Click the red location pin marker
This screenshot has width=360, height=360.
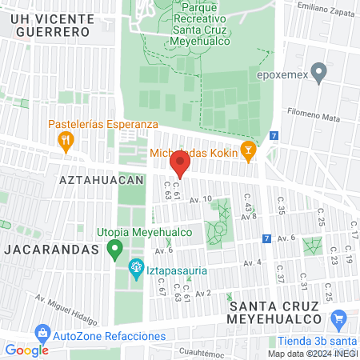pyautogui.click(x=180, y=166)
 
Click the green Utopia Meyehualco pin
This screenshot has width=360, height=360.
pyautogui.click(x=114, y=248)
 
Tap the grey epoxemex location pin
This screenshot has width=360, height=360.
pyautogui.click(x=320, y=74)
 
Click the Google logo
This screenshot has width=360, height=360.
pyautogui.click(x=26, y=350)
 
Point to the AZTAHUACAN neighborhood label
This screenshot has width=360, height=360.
pyautogui.click(x=101, y=180)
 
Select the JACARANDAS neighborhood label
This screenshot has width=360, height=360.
pyautogui.click(x=50, y=249)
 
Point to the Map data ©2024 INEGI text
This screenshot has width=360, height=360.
pyautogui.click(x=312, y=354)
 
